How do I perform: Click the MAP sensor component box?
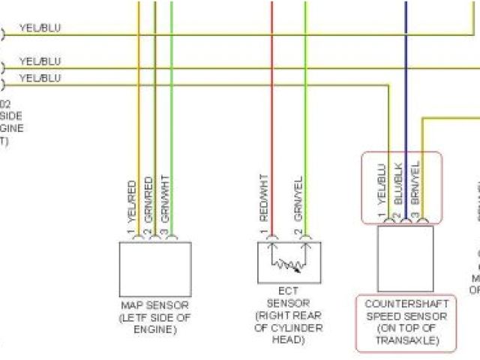point(155,268)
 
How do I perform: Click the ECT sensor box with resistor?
point(289,262)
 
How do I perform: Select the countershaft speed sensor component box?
point(405,258)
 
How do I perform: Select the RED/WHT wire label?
point(264,197)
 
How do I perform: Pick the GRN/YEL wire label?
point(298,197)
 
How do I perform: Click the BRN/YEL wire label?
point(415,184)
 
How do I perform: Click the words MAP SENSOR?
point(154,306)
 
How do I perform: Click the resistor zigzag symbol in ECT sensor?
point(289,265)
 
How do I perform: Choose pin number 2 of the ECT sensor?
point(298,232)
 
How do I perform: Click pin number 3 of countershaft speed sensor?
point(414,217)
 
